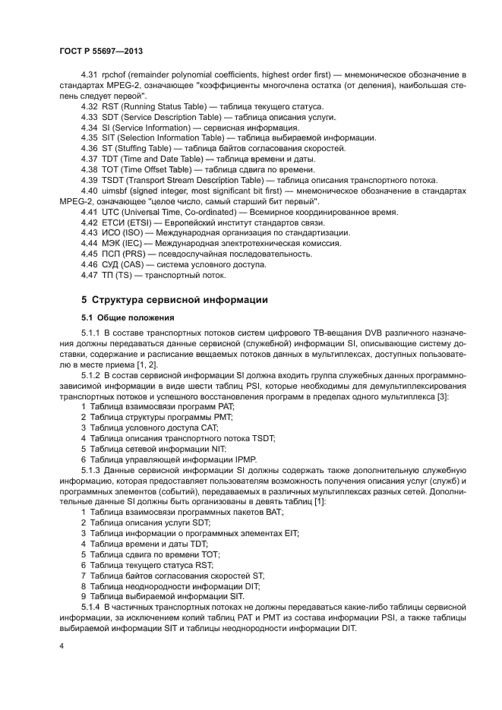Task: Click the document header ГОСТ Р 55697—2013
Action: coord(101,50)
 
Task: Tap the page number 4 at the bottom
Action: coord(61,645)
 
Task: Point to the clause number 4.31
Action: coord(90,75)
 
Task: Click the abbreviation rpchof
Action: coord(115,75)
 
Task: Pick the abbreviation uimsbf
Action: coord(116,190)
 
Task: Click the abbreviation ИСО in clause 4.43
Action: coord(114,232)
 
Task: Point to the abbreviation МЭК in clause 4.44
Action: coord(114,243)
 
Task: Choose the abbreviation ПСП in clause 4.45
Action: coord(114,254)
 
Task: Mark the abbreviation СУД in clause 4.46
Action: coord(114,264)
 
